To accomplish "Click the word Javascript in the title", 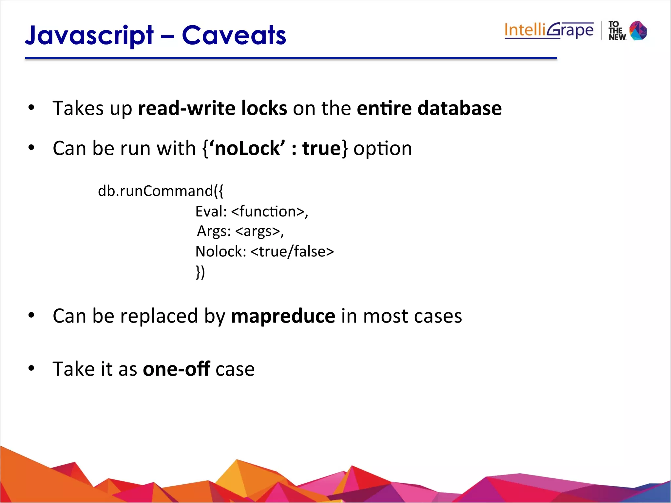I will click(89, 35).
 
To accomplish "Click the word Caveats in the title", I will click(234, 35).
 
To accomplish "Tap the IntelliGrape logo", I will click(549, 30).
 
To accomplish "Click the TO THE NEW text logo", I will click(617, 31).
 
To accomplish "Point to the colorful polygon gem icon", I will click(638, 31).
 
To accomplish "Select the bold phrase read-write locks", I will click(212, 108).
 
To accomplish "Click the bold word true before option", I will click(321, 148).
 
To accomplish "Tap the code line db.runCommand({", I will click(161, 191).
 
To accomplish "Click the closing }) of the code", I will click(200, 272).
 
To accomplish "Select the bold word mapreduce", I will click(283, 316).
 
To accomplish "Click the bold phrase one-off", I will click(176, 369).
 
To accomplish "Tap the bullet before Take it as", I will click(31, 368).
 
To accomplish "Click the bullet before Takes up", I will click(31, 107).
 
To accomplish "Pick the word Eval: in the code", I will click(211, 212).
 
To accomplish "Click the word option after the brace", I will click(383, 149).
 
